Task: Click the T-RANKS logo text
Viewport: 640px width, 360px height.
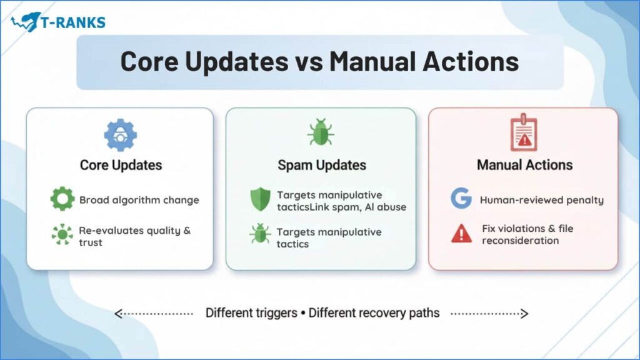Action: [73, 22]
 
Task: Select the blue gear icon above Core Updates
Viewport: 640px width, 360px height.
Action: [121, 135]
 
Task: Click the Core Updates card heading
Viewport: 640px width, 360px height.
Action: [121, 165]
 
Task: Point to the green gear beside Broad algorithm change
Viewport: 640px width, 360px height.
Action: [62, 199]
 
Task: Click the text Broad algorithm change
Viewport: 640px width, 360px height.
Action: [139, 200]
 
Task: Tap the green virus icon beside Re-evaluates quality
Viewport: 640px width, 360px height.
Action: [62, 234]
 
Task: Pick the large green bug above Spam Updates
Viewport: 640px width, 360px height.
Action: [321, 132]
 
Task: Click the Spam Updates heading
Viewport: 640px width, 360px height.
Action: [322, 165]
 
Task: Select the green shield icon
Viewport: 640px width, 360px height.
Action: [260, 199]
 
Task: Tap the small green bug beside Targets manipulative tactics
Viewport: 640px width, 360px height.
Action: [260, 234]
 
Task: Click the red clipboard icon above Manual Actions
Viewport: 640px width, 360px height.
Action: [524, 132]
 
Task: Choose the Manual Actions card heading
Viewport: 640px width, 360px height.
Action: [524, 165]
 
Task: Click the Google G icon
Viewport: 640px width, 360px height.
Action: [461, 198]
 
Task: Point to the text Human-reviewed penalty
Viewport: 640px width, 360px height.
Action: [542, 200]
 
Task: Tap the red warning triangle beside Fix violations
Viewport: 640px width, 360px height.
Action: [462, 234]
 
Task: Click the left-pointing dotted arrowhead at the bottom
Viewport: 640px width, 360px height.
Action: [118, 314]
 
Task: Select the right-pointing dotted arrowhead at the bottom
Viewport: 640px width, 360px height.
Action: [524, 314]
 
